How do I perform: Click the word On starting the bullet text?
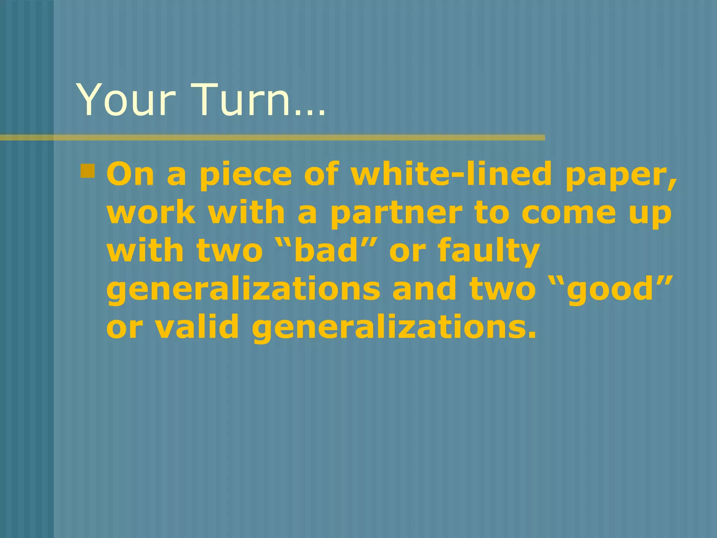pos(130,174)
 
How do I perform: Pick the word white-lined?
pos(452,174)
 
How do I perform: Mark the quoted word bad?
pos(327,251)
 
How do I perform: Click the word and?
pos(424,289)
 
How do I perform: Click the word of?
pos(321,174)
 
